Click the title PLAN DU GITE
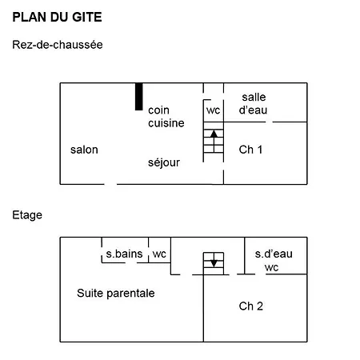(57, 17)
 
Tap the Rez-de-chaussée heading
(58, 45)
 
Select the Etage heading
(27, 215)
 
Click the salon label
(84, 150)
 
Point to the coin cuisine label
(166, 117)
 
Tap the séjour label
(164, 162)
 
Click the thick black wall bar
(138, 97)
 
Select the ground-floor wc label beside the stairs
(214, 110)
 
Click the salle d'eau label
(253, 103)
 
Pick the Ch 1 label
(250, 150)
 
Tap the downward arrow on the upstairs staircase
(214, 260)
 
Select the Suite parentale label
(116, 294)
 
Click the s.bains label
(124, 254)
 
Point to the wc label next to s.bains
(159, 254)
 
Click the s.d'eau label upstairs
(274, 254)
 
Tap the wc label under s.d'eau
(272, 267)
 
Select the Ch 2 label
(251, 306)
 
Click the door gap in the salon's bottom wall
(110, 184)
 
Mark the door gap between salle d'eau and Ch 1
(270, 122)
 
